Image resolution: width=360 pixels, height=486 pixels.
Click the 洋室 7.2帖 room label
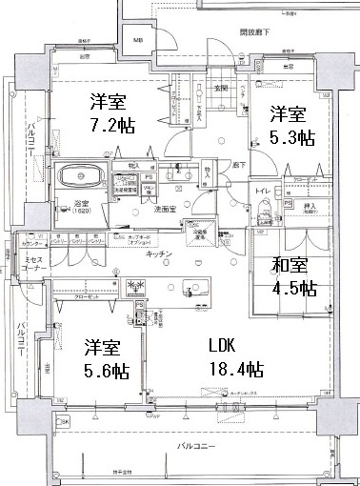[x=107, y=111]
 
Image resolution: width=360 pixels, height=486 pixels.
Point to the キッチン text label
[x=159, y=253]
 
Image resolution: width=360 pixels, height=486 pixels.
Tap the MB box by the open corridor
[x=137, y=41]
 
